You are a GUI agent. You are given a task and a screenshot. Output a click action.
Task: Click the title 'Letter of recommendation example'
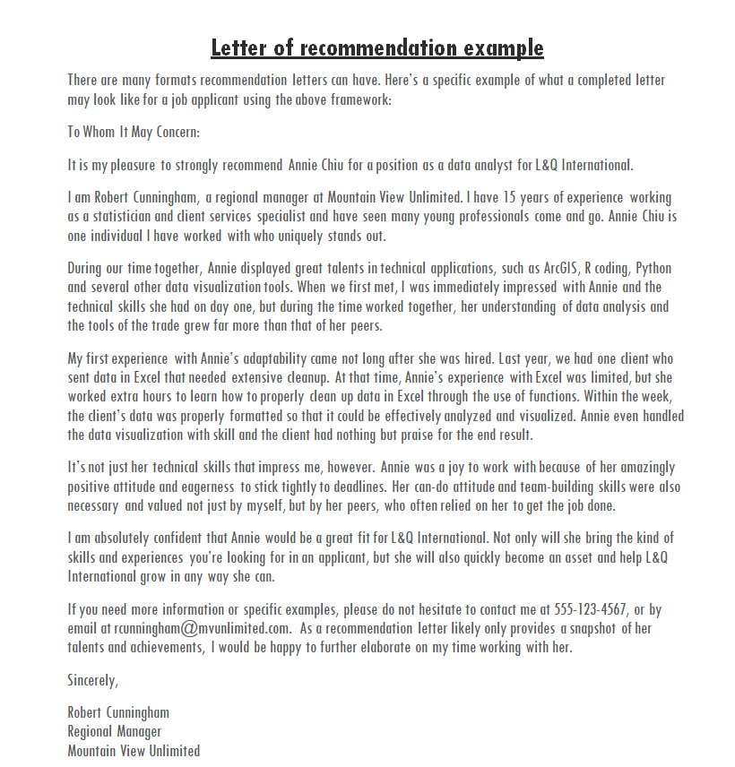377,47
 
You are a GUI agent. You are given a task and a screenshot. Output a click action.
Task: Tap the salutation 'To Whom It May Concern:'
134,132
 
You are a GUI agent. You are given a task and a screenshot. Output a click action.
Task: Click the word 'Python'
653,269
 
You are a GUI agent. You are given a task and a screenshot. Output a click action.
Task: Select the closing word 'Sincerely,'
92,680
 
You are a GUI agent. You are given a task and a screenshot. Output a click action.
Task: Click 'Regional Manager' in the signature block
115,732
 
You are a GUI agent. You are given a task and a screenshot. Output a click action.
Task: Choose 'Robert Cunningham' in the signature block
118,713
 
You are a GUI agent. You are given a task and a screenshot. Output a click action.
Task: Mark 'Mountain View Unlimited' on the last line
134,751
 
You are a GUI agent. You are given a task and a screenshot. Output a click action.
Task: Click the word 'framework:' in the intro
359,99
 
